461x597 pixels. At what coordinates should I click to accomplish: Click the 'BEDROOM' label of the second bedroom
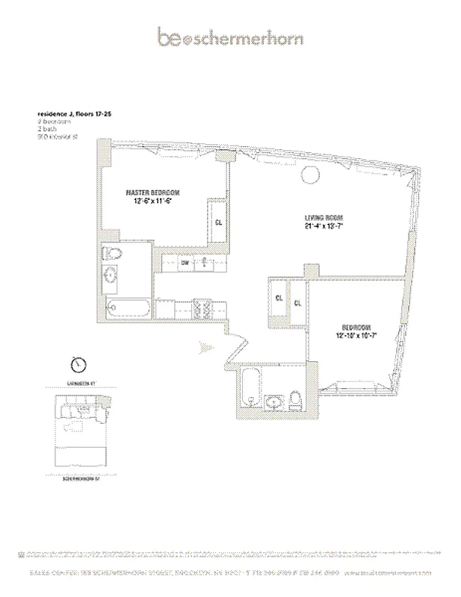[356, 328]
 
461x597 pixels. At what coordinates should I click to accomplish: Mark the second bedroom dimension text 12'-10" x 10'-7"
[356, 337]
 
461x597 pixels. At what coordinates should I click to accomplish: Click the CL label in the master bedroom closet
[218, 222]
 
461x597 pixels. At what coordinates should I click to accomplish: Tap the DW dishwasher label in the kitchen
[184, 263]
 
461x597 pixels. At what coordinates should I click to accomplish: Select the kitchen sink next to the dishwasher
[203, 263]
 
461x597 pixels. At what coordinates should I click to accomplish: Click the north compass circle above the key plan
[77, 366]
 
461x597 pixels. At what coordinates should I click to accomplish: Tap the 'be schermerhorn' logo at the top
[230, 37]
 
